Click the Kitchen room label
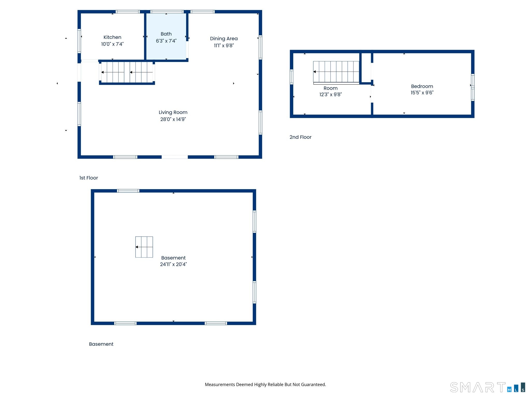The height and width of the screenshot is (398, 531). click(x=112, y=37)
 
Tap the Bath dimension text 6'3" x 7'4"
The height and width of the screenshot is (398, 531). click(x=166, y=41)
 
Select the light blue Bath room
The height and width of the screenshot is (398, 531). click(x=166, y=36)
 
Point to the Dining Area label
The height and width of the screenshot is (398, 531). click(x=224, y=39)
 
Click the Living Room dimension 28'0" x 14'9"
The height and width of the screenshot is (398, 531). click(x=173, y=119)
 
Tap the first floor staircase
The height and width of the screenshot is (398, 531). click(x=127, y=72)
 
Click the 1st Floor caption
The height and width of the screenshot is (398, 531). click(x=89, y=178)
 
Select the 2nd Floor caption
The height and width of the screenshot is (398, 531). click(x=301, y=137)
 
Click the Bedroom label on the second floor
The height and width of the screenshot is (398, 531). click(x=422, y=86)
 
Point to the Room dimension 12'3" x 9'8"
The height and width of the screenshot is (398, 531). click(x=331, y=95)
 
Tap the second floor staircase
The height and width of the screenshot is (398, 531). click(x=336, y=72)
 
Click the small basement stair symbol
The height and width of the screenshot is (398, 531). click(x=144, y=247)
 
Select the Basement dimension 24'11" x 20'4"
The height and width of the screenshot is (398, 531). click(x=173, y=264)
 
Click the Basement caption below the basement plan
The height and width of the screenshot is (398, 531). click(x=101, y=344)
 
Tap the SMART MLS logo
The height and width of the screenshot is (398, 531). click(x=488, y=387)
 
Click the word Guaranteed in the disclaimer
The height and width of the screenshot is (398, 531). click(x=313, y=385)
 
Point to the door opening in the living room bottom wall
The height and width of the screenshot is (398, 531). click(x=175, y=157)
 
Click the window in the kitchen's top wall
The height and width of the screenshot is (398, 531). click(x=128, y=12)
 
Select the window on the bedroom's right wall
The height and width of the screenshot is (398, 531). click(x=473, y=87)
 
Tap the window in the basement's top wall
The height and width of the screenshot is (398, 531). click(x=128, y=191)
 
